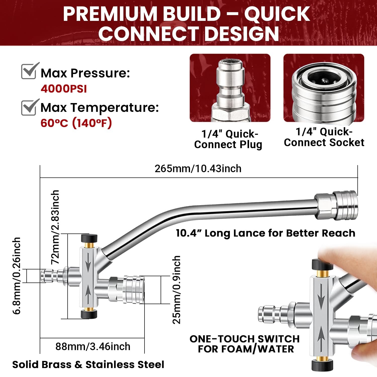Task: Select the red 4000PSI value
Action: (64, 89)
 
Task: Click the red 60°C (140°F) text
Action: (76, 123)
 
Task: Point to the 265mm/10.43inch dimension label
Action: (198, 169)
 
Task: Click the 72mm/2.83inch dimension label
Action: (55, 227)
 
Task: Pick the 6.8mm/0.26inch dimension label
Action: (17, 276)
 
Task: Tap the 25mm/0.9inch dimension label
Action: (177, 290)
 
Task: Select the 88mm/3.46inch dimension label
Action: (93, 347)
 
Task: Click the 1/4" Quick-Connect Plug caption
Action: (228, 139)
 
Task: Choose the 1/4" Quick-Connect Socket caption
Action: (324, 137)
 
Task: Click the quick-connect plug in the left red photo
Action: (230, 90)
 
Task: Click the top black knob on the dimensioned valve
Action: (89, 238)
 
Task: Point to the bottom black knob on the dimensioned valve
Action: (89, 314)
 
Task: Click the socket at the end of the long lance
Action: (337, 205)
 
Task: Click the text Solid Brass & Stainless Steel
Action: (88, 365)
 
